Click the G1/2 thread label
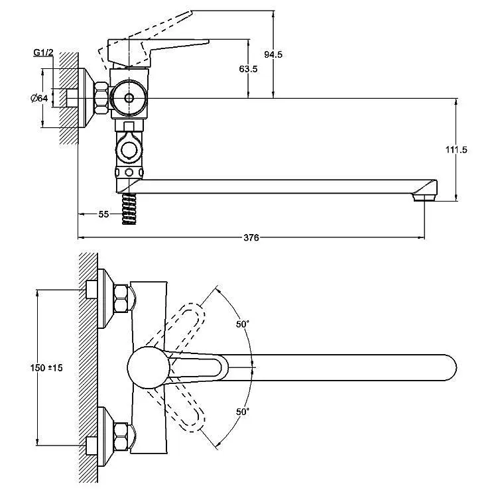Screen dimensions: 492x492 [x=43, y=53]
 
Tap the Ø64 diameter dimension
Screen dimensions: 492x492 [x=39, y=98]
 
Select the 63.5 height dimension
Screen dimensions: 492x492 [x=248, y=69]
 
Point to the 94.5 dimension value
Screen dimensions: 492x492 [x=273, y=54]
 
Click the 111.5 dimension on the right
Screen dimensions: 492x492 [x=456, y=150]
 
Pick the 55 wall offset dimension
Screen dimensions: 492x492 [x=103, y=214]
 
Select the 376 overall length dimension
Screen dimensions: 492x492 [x=251, y=237]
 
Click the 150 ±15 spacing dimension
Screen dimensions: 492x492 [x=46, y=367]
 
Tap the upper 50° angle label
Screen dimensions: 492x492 [x=243, y=324]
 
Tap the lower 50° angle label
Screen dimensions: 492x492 [x=243, y=412]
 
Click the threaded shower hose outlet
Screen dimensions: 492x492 [x=129, y=209]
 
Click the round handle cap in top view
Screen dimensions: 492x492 [x=149, y=367]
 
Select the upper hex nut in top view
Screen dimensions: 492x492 [x=121, y=298]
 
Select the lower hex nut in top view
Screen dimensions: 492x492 [x=121, y=437]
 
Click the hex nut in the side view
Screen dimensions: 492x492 [x=101, y=98]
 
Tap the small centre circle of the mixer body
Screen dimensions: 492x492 [x=129, y=98]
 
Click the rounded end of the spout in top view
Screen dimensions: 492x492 [x=451, y=367]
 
